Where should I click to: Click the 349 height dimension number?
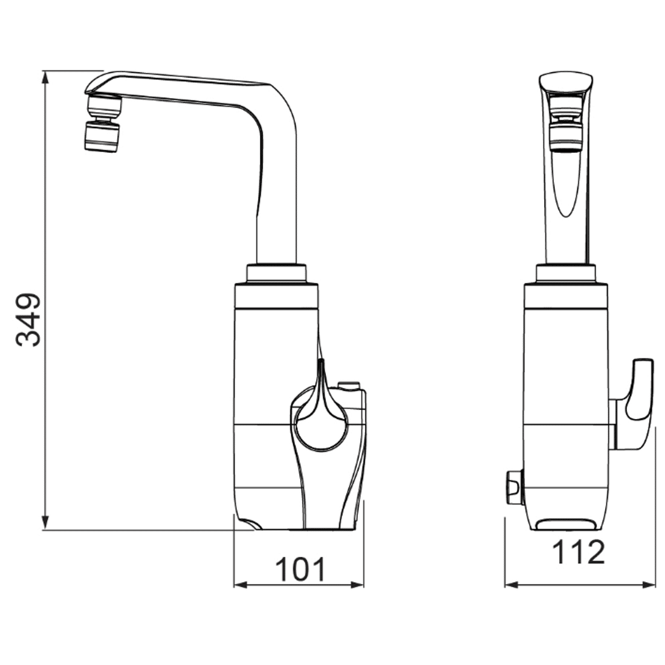(28, 319)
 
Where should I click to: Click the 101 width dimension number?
(300, 569)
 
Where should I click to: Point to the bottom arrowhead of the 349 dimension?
(45, 522)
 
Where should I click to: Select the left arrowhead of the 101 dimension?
(241, 585)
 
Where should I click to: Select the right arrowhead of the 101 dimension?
(357, 585)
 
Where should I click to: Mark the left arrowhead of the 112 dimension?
(512, 585)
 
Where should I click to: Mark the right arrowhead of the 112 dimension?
(649, 585)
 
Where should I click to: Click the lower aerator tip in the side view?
(102, 137)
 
